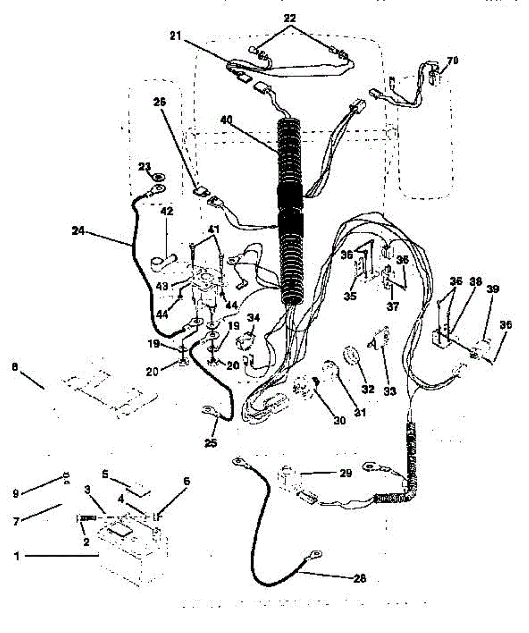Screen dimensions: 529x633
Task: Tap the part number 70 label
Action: click(452, 60)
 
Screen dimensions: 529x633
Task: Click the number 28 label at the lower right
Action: click(358, 579)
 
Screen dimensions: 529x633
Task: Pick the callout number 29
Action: click(345, 474)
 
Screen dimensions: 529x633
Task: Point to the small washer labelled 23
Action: click(160, 174)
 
